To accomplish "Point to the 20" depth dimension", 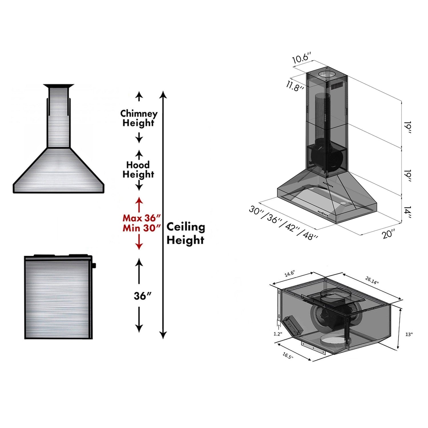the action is tap(389, 234).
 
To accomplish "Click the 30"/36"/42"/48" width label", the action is tap(283, 223).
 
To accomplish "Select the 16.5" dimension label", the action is tap(288, 356).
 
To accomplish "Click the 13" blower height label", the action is tap(409, 334).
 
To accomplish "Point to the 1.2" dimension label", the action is tap(278, 334).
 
